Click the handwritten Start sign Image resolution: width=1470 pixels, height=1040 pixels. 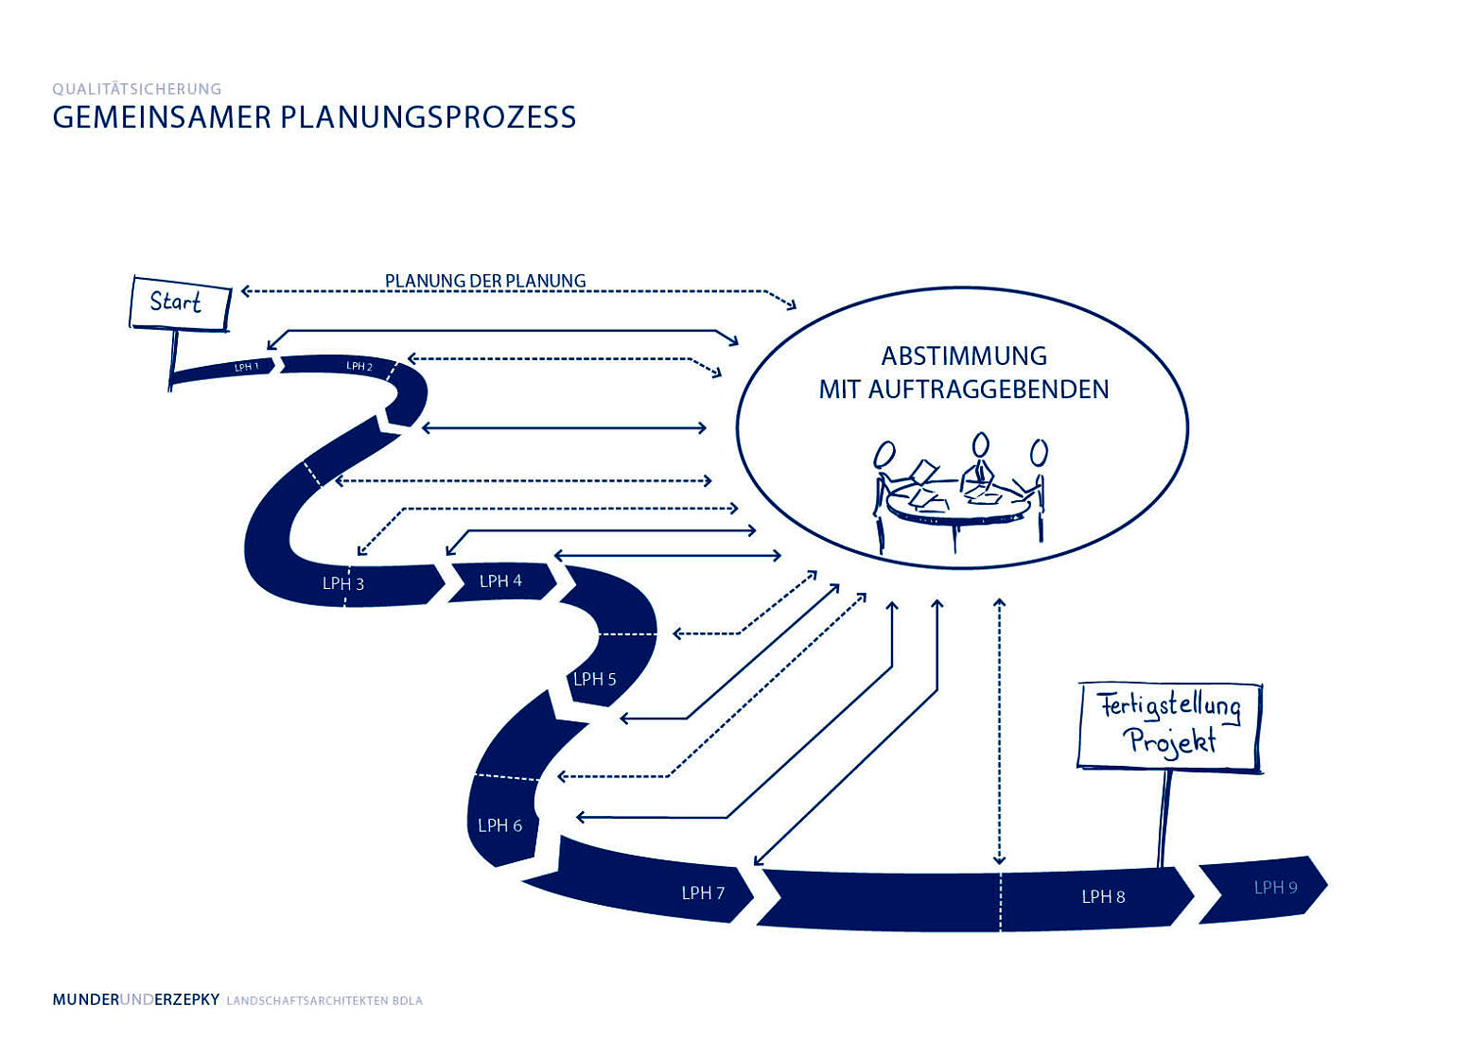(x=179, y=303)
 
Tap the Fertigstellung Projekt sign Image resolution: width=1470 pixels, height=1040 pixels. (x=1170, y=724)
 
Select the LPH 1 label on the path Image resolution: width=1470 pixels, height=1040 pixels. (x=246, y=367)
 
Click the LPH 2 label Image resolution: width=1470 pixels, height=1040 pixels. (x=359, y=366)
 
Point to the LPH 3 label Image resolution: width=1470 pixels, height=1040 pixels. (x=342, y=583)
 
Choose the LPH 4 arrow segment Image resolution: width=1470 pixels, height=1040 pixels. (x=500, y=581)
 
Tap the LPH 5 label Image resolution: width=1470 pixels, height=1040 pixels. (x=594, y=679)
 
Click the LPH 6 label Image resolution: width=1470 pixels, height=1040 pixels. (x=499, y=825)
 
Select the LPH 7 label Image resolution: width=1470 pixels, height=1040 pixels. (x=703, y=893)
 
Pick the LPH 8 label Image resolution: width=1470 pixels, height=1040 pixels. (x=1103, y=896)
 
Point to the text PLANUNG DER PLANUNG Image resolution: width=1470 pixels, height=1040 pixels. (x=485, y=281)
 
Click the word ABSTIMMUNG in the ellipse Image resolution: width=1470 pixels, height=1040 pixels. (x=964, y=356)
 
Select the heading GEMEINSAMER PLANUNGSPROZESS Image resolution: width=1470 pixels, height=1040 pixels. (x=314, y=117)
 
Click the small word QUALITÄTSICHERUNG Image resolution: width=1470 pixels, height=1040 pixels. (x=137, y=89)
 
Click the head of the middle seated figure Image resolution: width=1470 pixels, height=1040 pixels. (x=981, y=444)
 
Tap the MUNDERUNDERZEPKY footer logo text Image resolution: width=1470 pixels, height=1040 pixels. (x=136, y=999)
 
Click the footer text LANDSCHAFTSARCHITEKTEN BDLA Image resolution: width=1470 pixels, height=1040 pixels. (x=324, y=1000)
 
